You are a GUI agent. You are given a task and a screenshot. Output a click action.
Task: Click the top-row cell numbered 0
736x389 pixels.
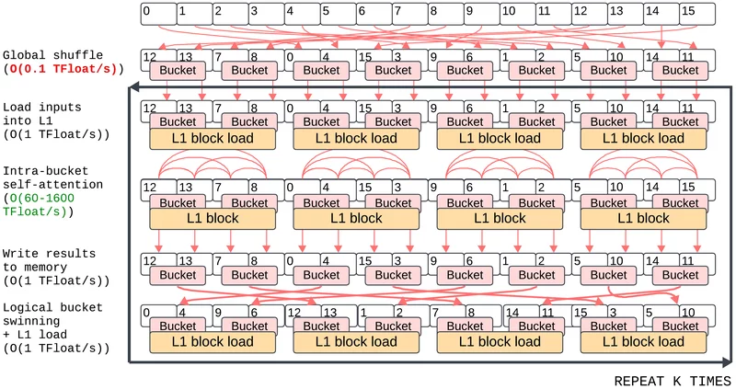[x=158, y=14]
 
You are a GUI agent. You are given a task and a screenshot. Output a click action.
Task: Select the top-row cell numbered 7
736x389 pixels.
[x=410, y=14]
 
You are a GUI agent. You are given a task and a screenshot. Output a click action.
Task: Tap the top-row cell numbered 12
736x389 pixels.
[x=590, y=14]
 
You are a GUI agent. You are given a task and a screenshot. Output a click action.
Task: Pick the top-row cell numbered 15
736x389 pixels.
[x=697, y=14]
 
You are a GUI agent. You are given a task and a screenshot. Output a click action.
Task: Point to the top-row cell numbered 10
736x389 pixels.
[x=518, y=14]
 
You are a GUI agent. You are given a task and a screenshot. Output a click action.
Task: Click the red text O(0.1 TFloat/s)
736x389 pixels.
[x=63, y=68]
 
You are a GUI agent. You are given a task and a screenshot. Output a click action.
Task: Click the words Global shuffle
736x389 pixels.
[x=52, y=55]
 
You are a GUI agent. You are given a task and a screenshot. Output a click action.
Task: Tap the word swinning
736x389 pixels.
[x=31, y=321]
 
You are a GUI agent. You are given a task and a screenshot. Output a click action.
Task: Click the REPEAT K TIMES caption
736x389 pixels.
[x=673, y=381]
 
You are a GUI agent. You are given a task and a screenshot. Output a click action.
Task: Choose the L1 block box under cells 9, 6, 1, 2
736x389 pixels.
[x=500, y=219]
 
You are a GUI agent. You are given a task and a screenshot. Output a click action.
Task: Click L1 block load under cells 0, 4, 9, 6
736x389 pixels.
[x=213, y=342]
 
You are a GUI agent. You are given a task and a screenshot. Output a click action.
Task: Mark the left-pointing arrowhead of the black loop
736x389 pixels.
[x=133, y=86]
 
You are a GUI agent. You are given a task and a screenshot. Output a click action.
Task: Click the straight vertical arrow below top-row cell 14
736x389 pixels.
[x=661, y=37]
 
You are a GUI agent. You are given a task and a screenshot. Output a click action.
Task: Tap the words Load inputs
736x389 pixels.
[x=41, y=107]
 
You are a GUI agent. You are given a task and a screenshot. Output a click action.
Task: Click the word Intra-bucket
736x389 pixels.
[x=45, y=171]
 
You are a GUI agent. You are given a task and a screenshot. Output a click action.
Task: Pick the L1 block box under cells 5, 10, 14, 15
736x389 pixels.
[x=643, y=219]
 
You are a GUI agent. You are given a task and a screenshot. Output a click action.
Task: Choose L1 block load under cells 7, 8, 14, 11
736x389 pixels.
[x=500, y=342]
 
